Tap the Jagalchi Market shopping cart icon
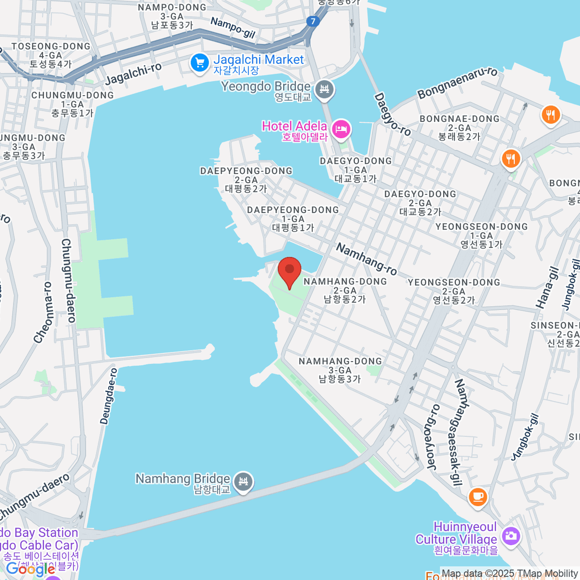coord(199,63)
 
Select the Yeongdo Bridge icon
coord(325,89)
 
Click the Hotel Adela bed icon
coord(342,129)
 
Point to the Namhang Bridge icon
coord(243,482)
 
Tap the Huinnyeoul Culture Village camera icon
coord(510,536)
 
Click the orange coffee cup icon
coord(478,496)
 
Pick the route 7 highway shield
coord(313,21)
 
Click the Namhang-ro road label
coord(366,259)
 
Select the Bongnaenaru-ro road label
coord(457,83)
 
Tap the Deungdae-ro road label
coord(109,396)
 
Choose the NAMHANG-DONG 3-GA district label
coord(340,370)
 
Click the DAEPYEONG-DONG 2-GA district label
coord(246,179)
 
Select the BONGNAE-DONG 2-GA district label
coord(459,128)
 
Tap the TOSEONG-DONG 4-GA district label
coord(51,55)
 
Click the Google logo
coord(30,569)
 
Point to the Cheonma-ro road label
coord(43,313)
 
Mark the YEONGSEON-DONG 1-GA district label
coord(481,235)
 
